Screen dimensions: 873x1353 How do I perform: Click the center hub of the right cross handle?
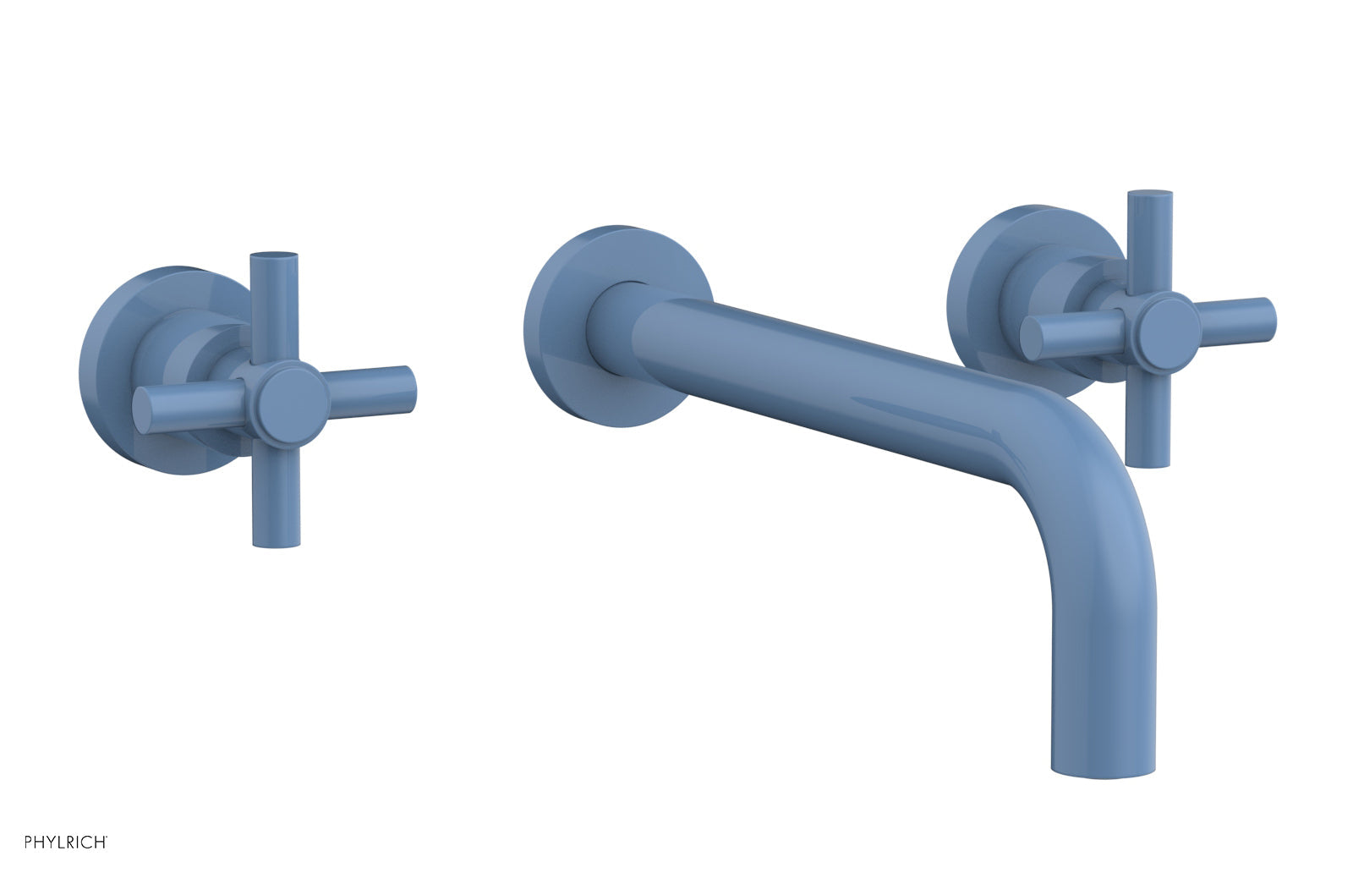pos(1166,324)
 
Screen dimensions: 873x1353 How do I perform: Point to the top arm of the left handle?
pos(273,300)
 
